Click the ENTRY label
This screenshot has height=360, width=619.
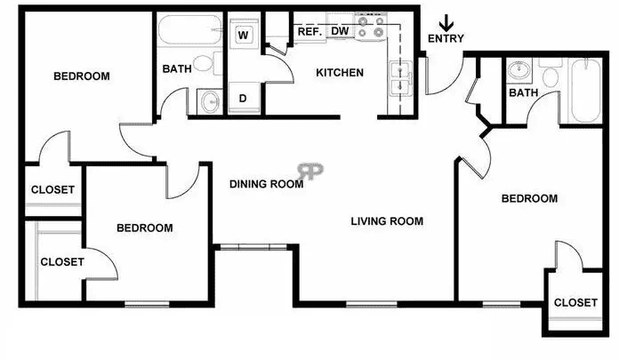(446, 38)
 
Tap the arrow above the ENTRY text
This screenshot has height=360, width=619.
(446, 23)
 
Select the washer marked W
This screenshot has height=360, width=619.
(244, 35)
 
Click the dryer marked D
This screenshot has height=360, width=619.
(244, 98)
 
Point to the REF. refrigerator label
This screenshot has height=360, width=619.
(309, 32)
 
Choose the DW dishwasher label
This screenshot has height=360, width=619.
(340, 31)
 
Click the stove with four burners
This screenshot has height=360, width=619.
(370, 27)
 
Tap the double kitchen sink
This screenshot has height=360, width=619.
(401, 79)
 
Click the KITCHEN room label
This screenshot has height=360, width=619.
(340, 73)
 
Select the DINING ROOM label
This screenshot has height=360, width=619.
(267, 184)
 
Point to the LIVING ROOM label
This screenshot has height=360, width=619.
(387, 221)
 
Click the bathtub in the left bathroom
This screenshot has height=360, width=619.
(190, 29)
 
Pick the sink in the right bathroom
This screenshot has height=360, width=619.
(519, 70)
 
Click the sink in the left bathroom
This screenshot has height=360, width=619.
(211, 102)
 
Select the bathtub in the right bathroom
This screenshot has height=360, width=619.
(585, 91)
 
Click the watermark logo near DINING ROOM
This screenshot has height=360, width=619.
(310, 171)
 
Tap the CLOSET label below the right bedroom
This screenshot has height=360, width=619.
(575, 303)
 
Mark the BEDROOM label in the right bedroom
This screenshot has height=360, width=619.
(529, 198)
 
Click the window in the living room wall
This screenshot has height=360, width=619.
(372, 304)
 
